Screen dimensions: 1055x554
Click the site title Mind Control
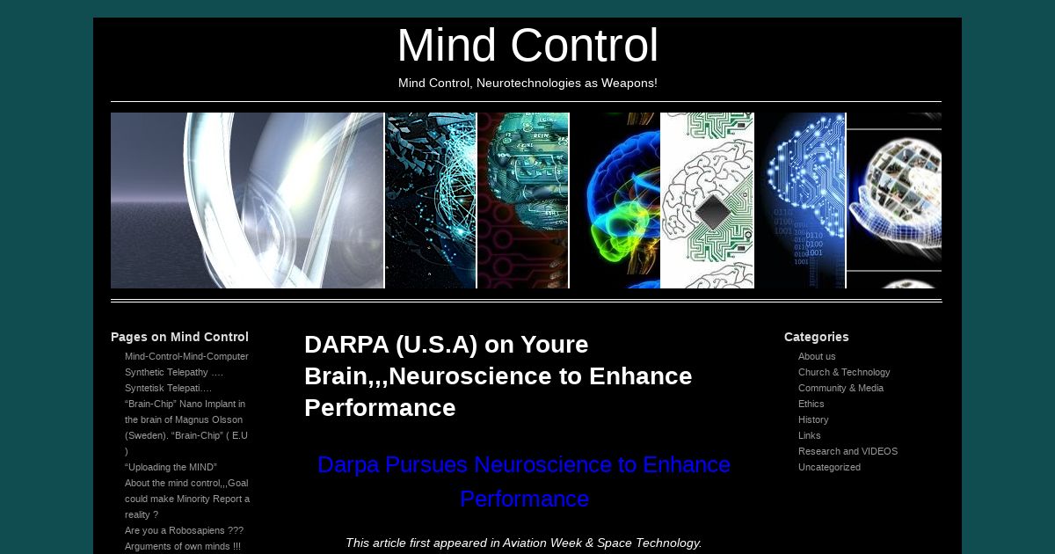(x=527, y=45)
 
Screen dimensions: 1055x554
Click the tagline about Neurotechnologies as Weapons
(x=527, y=83)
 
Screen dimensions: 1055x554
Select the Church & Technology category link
(x=844, y=372)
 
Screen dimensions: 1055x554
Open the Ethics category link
(x=811, y=404)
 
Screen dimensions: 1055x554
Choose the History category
(x=813, y=419)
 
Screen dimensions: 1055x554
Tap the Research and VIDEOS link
(x=848, y=451)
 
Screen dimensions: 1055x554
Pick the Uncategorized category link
(x=829, y=467)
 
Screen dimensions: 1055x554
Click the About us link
(x=817, y=356)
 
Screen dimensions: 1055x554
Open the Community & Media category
(x=840, y=388)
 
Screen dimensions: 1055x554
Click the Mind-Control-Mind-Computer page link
(x=186, y=356)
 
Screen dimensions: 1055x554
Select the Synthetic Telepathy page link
(x=174, y=372)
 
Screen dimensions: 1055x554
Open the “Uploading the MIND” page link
(x=171, y=467)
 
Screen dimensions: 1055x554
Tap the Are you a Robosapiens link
(x=184, y=530)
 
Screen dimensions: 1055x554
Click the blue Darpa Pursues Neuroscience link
(x=524, y=482)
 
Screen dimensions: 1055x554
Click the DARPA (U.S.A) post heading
(x=498, y=376)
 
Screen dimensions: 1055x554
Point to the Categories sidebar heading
(x=816, y=337)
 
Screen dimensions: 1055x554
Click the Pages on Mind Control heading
(x=179, y=337)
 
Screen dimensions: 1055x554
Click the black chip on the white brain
(x=713, y=212)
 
